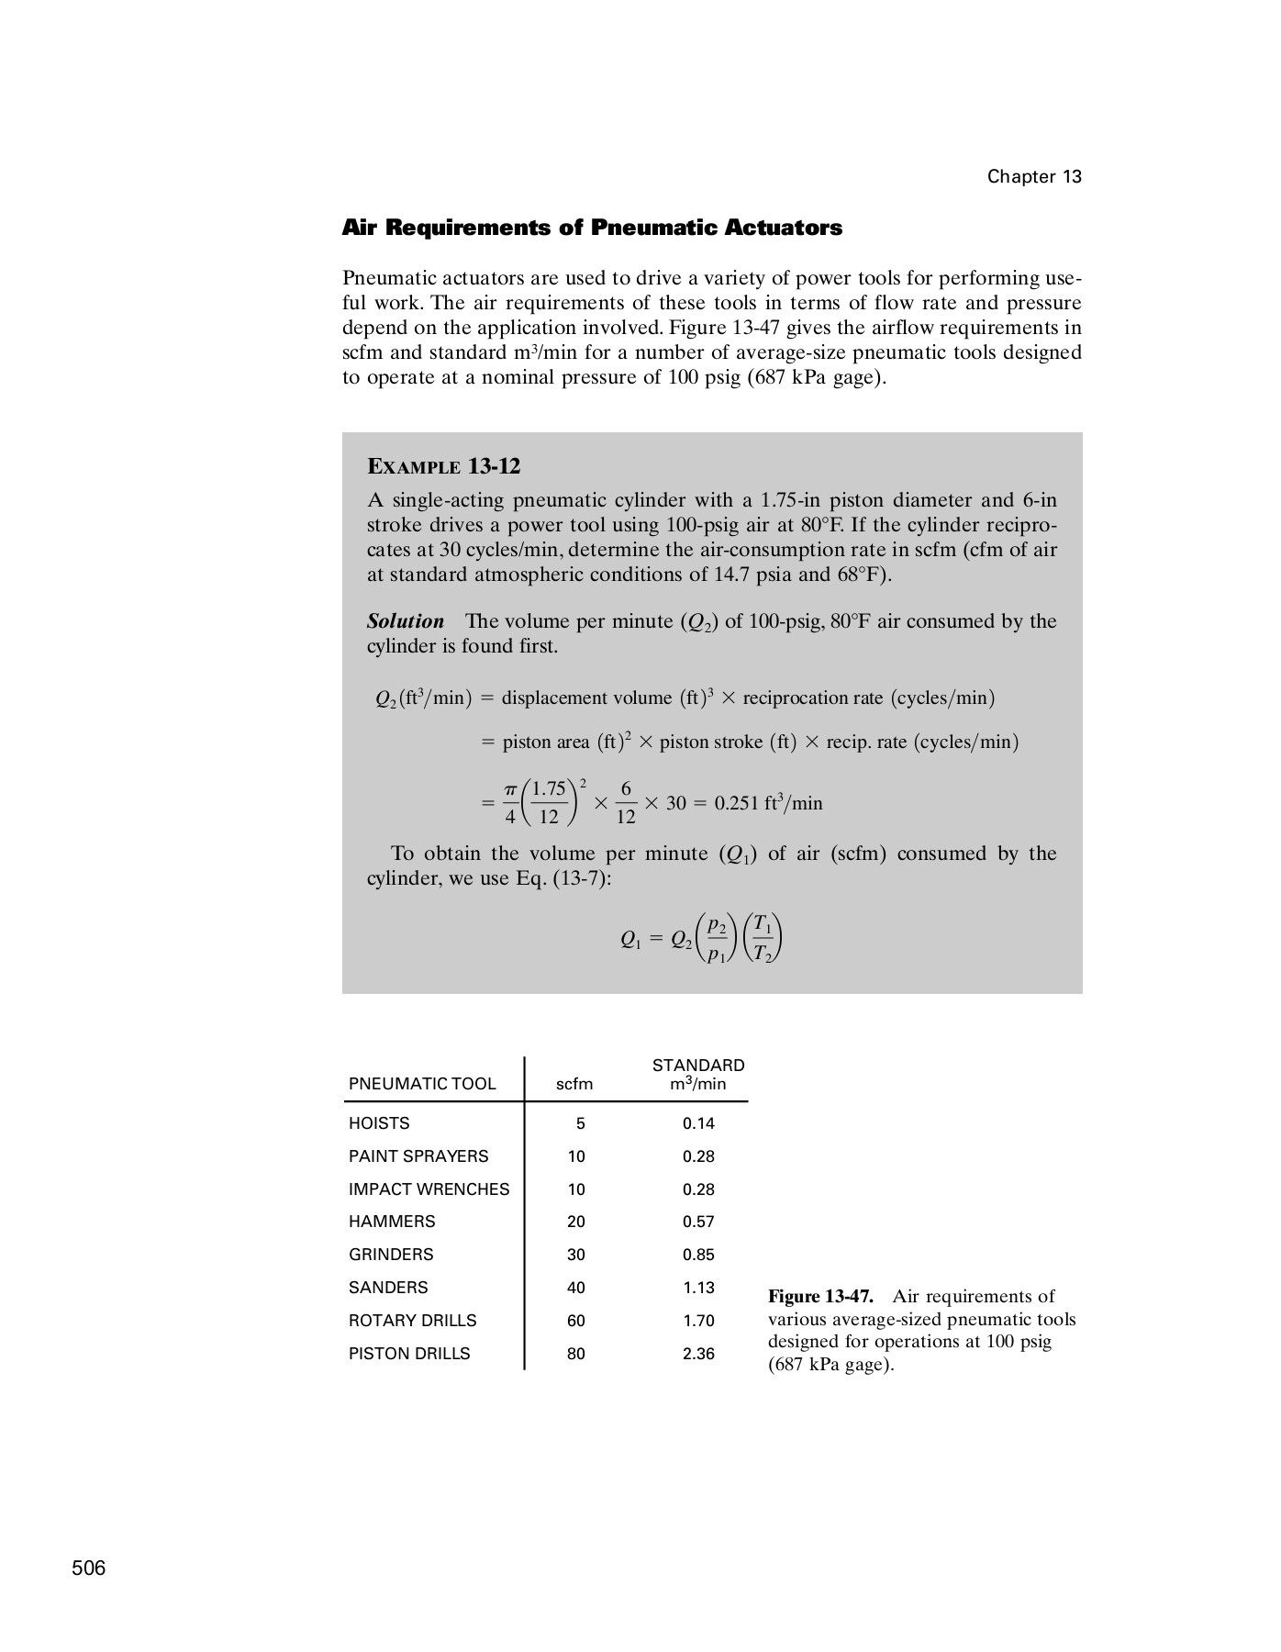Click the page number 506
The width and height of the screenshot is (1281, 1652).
[89, 1568]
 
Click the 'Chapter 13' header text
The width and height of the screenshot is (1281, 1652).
[1034, 177]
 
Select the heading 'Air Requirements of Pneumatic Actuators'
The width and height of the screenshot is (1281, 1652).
[592, 228]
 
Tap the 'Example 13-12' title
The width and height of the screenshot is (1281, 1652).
[443, 466]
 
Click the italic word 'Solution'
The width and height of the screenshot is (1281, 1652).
[406, 621]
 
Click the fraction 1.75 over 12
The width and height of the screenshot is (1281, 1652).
[549, 803]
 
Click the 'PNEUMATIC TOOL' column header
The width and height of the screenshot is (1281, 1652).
[422, 1084]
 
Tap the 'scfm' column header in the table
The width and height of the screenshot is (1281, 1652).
[574, 1084]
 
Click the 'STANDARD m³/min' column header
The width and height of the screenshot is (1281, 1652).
[698, 1075]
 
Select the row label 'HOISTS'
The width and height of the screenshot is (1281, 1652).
[379, 1123]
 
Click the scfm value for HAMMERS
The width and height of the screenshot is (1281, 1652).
[576, 1222]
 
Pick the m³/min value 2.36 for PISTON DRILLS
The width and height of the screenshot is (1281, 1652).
[698, 1354]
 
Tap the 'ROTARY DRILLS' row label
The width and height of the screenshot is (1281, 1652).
[413, 1321]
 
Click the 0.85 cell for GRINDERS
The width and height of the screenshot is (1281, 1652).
[698, 1255]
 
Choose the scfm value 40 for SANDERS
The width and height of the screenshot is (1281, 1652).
[576, 1288]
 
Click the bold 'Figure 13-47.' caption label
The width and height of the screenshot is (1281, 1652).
[819, 1296]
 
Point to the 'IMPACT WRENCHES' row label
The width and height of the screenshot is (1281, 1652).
[429, 1189]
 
